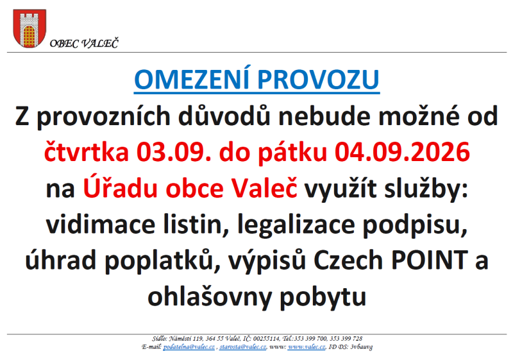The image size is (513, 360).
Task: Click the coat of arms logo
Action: pos(29,28)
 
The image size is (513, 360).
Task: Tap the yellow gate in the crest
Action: pos(29,35)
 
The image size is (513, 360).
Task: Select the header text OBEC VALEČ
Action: pos(84,43)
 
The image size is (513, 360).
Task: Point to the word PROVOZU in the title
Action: pos(318,80)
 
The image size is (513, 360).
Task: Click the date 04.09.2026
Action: pos(402,152)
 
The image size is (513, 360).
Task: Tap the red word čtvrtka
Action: pos(87,152)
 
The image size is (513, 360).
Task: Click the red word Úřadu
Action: pos(121,187)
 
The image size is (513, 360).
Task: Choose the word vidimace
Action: pos(101,225)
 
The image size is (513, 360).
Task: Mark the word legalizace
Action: pos(296,226)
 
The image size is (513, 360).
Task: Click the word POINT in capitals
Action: pos(430,260)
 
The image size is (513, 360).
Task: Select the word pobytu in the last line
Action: pos(323,296)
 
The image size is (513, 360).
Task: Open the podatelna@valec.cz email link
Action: pos(189,347)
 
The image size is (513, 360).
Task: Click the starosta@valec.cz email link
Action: pos(243,347)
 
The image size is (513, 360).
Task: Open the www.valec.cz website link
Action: pos(307,347)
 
